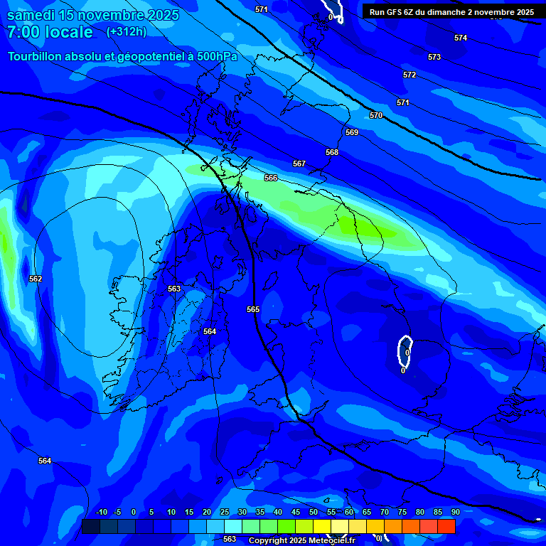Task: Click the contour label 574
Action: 461,38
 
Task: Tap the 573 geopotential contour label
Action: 434,57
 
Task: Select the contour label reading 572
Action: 409,75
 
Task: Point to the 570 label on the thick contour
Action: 376,115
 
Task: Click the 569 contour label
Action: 352,132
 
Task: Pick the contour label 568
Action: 332,152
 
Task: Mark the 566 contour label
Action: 271,178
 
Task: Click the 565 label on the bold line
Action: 253,309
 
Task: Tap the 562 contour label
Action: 36,279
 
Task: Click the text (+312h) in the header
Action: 127,32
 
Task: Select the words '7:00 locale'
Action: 50,32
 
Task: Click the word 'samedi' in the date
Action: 31,15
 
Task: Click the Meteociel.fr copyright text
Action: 301,540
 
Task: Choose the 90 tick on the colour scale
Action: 455,513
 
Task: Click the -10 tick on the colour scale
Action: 101,513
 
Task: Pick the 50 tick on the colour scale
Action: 314,513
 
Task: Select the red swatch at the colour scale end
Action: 446,526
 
